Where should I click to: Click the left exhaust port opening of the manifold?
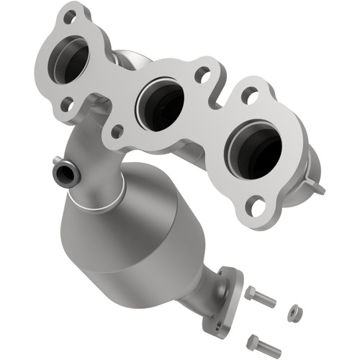[69, 58]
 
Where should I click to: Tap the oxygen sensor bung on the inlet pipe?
[63, 172]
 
